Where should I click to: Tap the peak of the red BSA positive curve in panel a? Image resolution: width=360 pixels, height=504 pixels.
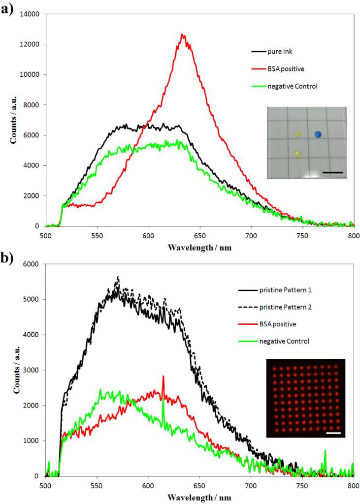[183, 35]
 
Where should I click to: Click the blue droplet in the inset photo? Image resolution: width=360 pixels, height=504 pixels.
[318, 134]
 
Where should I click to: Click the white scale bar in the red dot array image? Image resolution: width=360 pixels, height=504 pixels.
[333, 433]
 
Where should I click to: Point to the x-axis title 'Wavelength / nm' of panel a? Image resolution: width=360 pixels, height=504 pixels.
[200, 248]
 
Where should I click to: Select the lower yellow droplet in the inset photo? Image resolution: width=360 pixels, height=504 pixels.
[297, 154]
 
